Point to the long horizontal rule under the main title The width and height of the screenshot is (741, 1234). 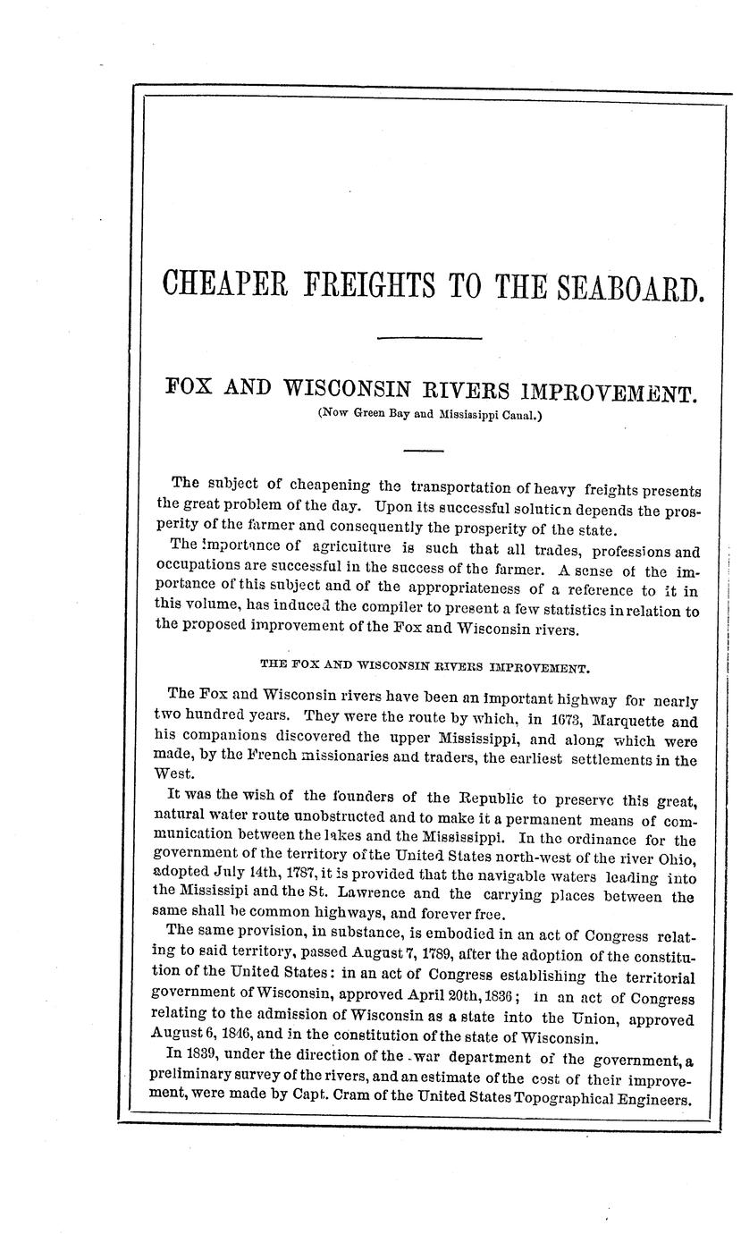click(429, 338)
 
